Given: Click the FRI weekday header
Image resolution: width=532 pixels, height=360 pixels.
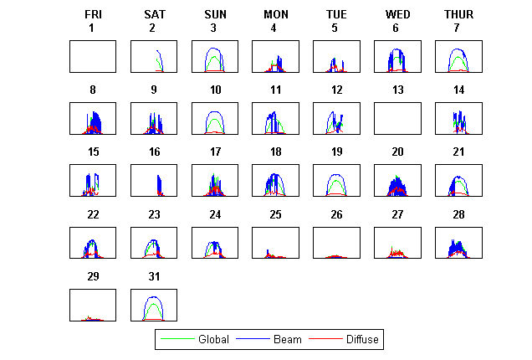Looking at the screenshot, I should (x=93, y=15).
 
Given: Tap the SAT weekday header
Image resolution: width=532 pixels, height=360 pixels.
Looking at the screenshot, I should (x=154, y=15).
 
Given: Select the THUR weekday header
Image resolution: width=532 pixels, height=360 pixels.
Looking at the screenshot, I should (x=458, y=15).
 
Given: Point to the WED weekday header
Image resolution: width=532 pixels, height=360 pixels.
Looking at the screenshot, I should (x=397, y=15).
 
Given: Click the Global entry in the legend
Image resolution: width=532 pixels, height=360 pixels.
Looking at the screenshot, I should (x=207, y=340).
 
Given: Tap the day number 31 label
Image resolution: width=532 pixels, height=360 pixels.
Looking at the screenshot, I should (x=154, y=277).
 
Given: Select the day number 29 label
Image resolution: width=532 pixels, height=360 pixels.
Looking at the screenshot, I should (x=93, y=277).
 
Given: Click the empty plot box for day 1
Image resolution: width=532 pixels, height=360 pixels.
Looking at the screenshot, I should (x=93, y=56).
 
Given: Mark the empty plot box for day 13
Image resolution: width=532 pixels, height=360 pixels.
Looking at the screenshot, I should (x=397, y=118).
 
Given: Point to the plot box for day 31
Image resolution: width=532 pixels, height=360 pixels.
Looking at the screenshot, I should (x=154, y=305).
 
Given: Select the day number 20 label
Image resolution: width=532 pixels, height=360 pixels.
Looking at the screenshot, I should (x=397, y=152).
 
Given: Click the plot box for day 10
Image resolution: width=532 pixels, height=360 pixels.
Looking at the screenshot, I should (x=215, y=118).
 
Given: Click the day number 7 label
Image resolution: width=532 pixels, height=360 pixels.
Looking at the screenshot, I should (x=458, y=28).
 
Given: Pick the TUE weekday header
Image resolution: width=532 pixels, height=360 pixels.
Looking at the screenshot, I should (x=336, y=15).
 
